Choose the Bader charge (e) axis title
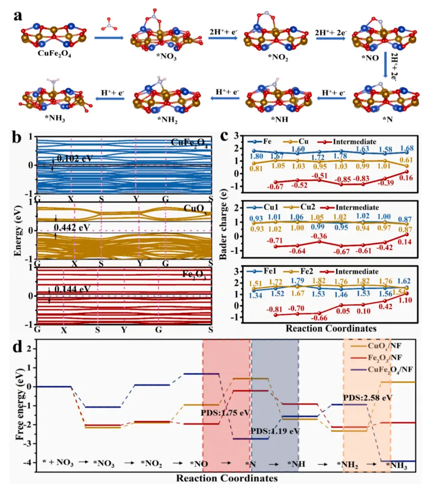(223, 229)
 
